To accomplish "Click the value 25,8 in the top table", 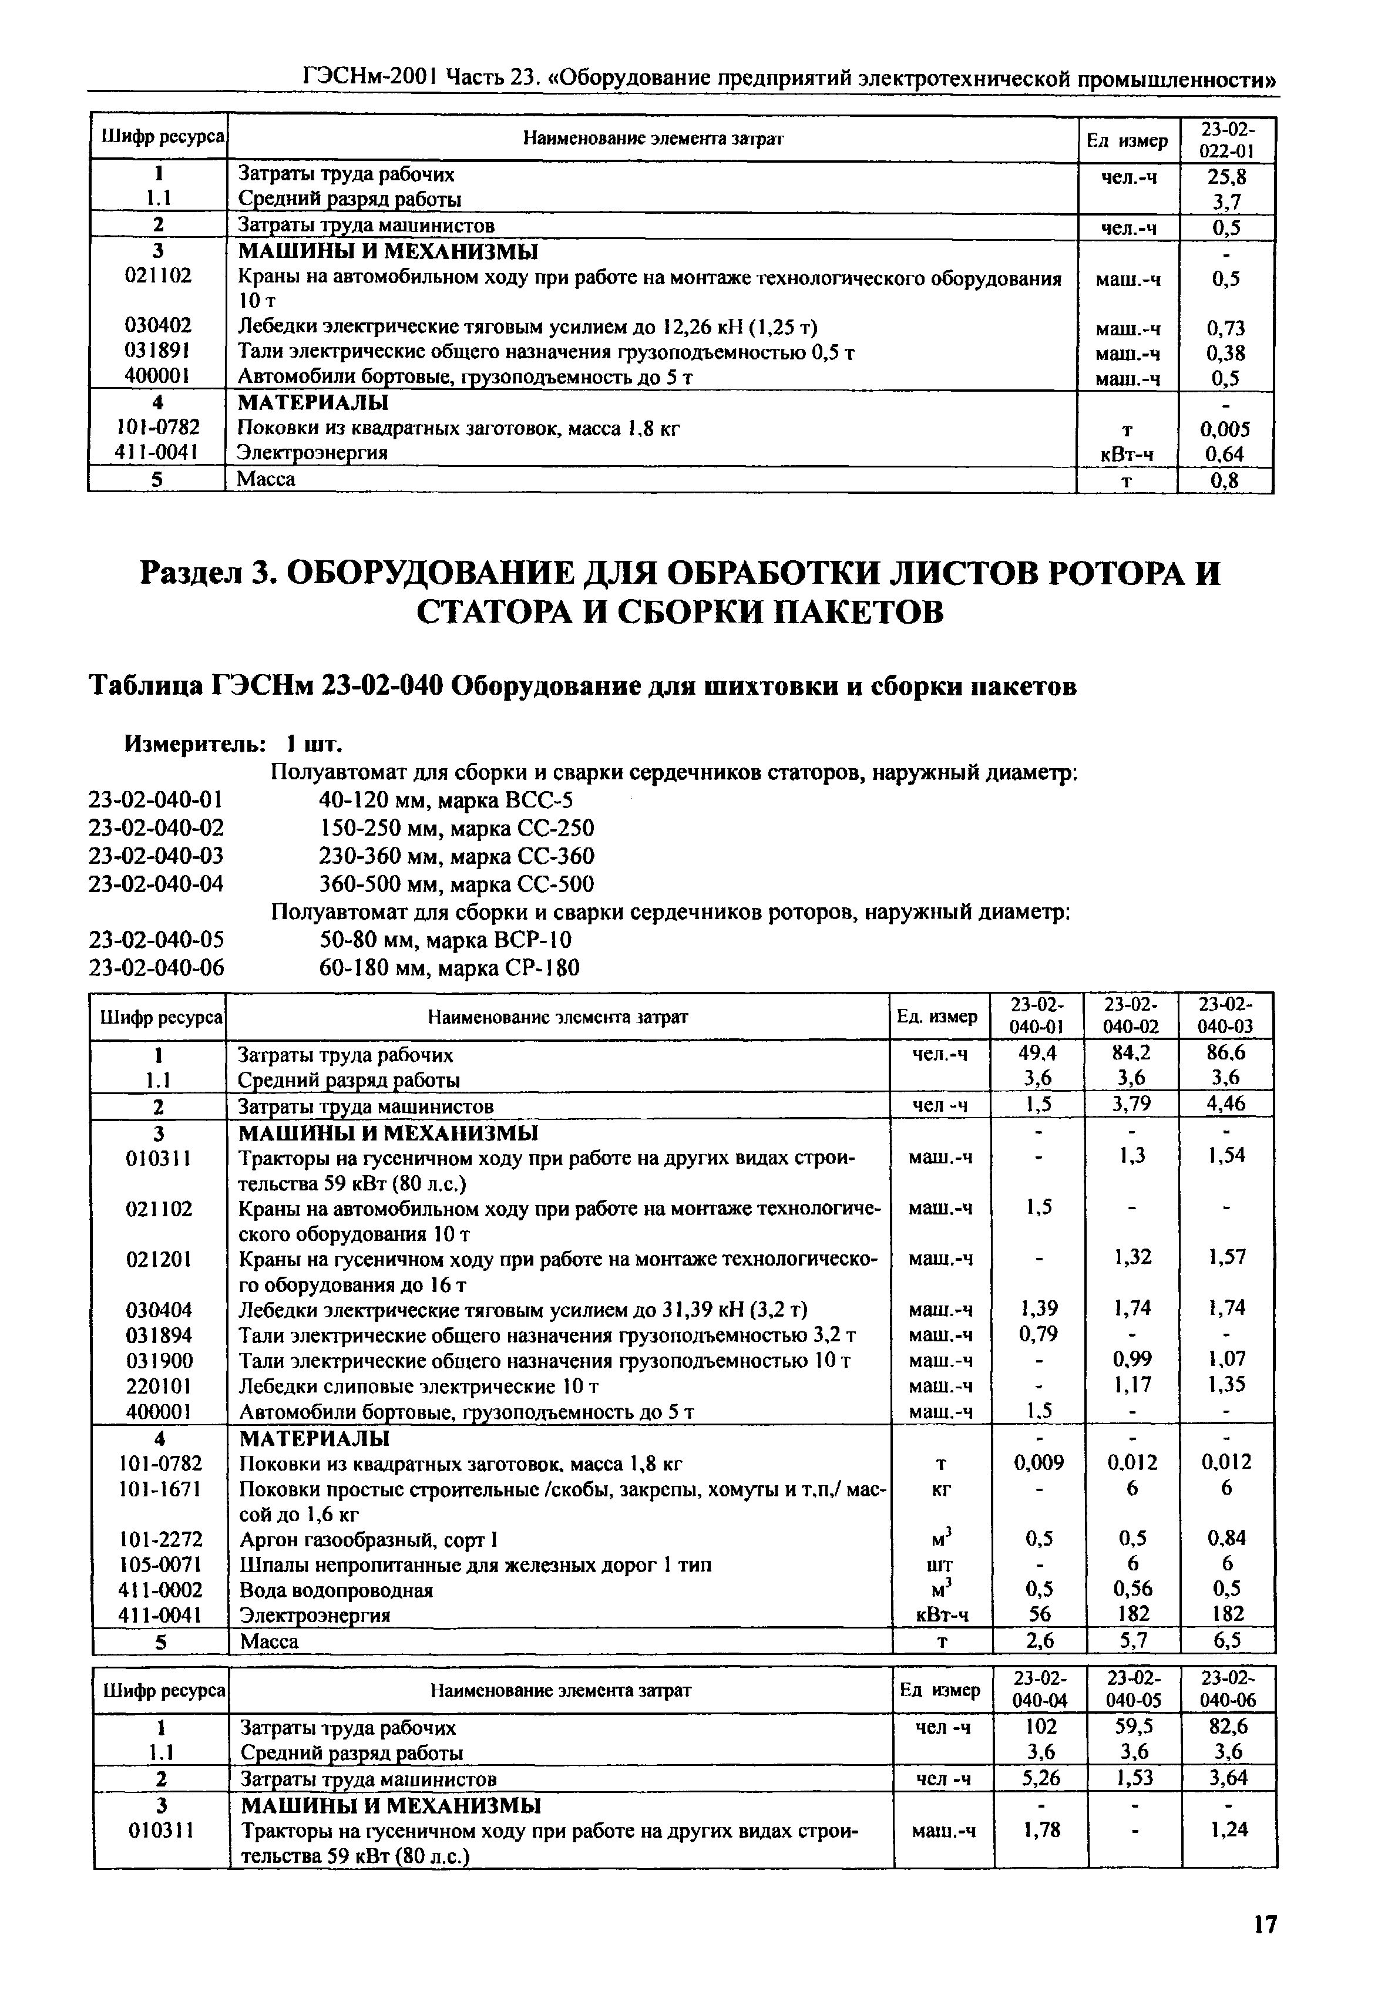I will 1226,177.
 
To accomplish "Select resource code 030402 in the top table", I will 157,326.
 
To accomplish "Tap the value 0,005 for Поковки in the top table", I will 1225,429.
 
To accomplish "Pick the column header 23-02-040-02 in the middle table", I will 1132,1015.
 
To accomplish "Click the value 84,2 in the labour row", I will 1131,1053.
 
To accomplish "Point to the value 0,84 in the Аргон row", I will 1226,1538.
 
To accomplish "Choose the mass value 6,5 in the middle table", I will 1226,1641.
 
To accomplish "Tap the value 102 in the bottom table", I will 1041,1727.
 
